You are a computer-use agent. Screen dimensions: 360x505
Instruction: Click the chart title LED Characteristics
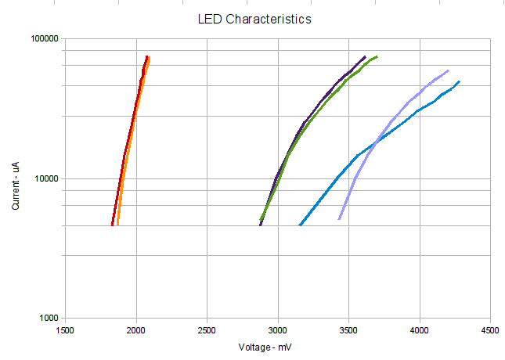256,19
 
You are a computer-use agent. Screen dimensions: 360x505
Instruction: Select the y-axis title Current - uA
16,178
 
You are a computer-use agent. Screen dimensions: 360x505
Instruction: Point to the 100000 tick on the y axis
45,38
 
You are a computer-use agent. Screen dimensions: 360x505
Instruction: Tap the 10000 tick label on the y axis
47,178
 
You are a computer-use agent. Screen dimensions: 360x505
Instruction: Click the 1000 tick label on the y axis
49,319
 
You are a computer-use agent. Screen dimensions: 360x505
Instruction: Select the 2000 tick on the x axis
136,329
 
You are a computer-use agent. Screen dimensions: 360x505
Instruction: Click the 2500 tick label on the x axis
207,329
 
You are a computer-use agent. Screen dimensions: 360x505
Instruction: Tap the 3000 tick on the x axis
278,329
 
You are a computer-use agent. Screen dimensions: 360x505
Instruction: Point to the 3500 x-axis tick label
349,329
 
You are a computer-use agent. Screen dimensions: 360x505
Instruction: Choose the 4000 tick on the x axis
420,329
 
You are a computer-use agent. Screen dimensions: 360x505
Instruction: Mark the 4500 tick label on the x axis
491,329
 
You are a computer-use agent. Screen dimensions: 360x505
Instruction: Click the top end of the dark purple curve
365,56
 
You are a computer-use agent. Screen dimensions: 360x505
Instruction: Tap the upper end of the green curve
377,56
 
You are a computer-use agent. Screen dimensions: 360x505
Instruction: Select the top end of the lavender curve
449,70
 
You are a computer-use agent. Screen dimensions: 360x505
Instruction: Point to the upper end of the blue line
460,81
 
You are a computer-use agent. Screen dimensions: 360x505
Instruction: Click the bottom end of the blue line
300,225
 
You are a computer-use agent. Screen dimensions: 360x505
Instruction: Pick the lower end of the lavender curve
339,219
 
